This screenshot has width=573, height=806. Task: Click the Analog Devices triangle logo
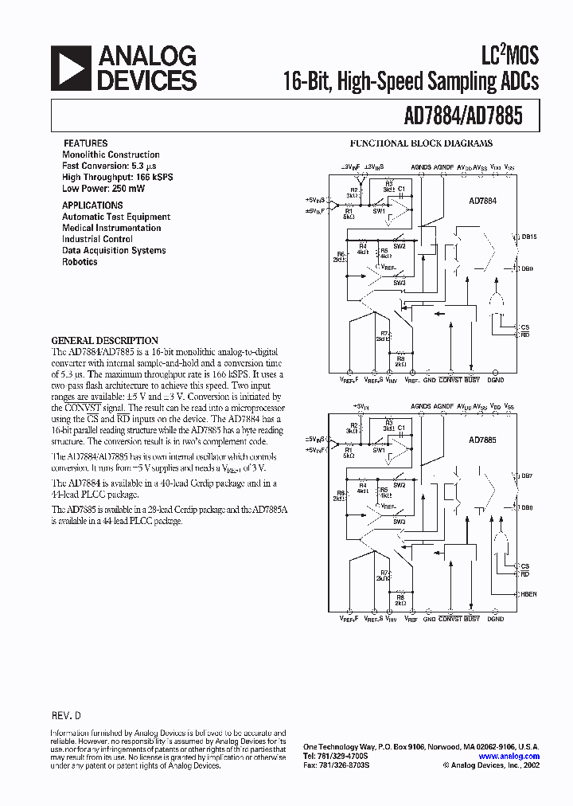click(x=70, y=67)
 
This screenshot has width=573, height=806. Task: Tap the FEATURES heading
click(x=85, y=143)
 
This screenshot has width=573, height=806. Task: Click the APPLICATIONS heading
click(x=93, y=205)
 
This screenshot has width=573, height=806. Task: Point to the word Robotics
click(x=80, y=261)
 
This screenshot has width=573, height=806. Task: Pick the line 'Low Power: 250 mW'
click(x=103, y=189)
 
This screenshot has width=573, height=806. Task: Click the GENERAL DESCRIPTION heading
click(x=105, y=340)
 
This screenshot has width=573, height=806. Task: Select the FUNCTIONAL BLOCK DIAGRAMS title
click(x=422, y=144)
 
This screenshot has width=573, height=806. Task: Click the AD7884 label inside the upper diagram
click(x=482, y=201)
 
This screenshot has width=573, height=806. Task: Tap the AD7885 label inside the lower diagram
click(x=482, y=440)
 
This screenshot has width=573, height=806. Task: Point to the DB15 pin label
click(x=529, y=237)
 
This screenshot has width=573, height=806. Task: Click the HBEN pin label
click(x=528, y=594)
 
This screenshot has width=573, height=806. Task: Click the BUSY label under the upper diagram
click(x=473, y=381)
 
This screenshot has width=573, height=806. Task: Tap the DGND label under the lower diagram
click(x=496, y=619)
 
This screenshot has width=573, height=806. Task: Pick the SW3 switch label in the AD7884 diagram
click(x=399, y=283)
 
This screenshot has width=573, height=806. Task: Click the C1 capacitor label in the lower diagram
click(x=402, y=428)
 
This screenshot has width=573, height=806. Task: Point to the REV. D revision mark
click(x=66, y=716)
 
